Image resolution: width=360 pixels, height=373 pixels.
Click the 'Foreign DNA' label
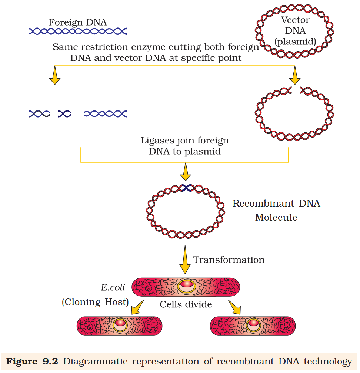78,23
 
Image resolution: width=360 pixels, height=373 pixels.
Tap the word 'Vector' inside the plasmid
295,20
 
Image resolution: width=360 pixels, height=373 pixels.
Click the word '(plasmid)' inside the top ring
295,42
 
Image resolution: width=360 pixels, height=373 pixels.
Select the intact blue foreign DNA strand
78,32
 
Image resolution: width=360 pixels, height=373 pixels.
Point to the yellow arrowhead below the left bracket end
55,78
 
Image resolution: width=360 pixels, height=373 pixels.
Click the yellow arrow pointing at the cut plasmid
295,78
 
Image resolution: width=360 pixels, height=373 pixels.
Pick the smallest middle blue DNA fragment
64,114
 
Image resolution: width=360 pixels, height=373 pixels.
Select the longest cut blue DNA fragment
106,114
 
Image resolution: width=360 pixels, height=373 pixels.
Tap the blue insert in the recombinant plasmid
185,188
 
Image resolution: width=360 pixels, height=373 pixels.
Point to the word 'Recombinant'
256,204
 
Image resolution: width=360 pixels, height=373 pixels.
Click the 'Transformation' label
229,260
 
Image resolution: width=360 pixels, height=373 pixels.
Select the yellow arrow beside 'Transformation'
184,261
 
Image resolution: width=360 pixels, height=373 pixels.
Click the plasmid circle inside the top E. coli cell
186,286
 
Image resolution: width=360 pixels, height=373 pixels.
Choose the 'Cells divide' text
186,304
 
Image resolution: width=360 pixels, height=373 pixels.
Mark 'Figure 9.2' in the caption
32,362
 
